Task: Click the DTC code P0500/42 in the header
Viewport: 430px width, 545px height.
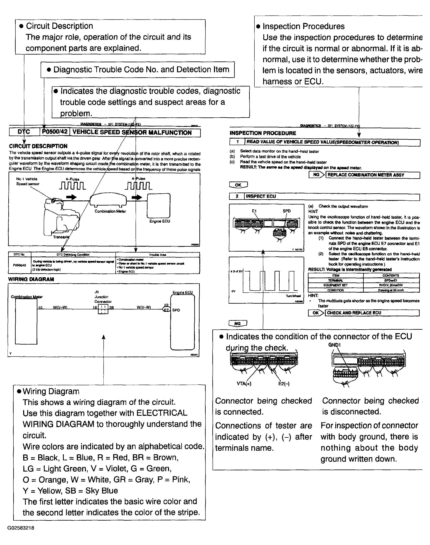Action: coord(55,132)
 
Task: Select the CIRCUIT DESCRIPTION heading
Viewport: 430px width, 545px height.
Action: coord(38,146)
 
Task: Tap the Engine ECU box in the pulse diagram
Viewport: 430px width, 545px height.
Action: coord(159,206)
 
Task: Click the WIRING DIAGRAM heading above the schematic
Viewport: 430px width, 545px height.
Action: coord(31,279)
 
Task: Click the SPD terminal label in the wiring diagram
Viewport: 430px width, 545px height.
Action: coord(176,310)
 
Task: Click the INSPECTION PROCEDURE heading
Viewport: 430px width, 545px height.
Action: coord(263,133)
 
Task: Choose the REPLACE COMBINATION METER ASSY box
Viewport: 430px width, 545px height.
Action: coord(373,175)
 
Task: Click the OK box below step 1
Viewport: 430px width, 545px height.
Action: coord(238,185)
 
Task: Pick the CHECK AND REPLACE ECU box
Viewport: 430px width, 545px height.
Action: coord(372,313)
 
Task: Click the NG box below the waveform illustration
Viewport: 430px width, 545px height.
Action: coord(237,323)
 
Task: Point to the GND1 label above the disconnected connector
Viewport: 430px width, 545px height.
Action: coord(334,345)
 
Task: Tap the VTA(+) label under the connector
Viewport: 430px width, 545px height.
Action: coord(244,384)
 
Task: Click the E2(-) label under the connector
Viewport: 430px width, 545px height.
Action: coord(284,384)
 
